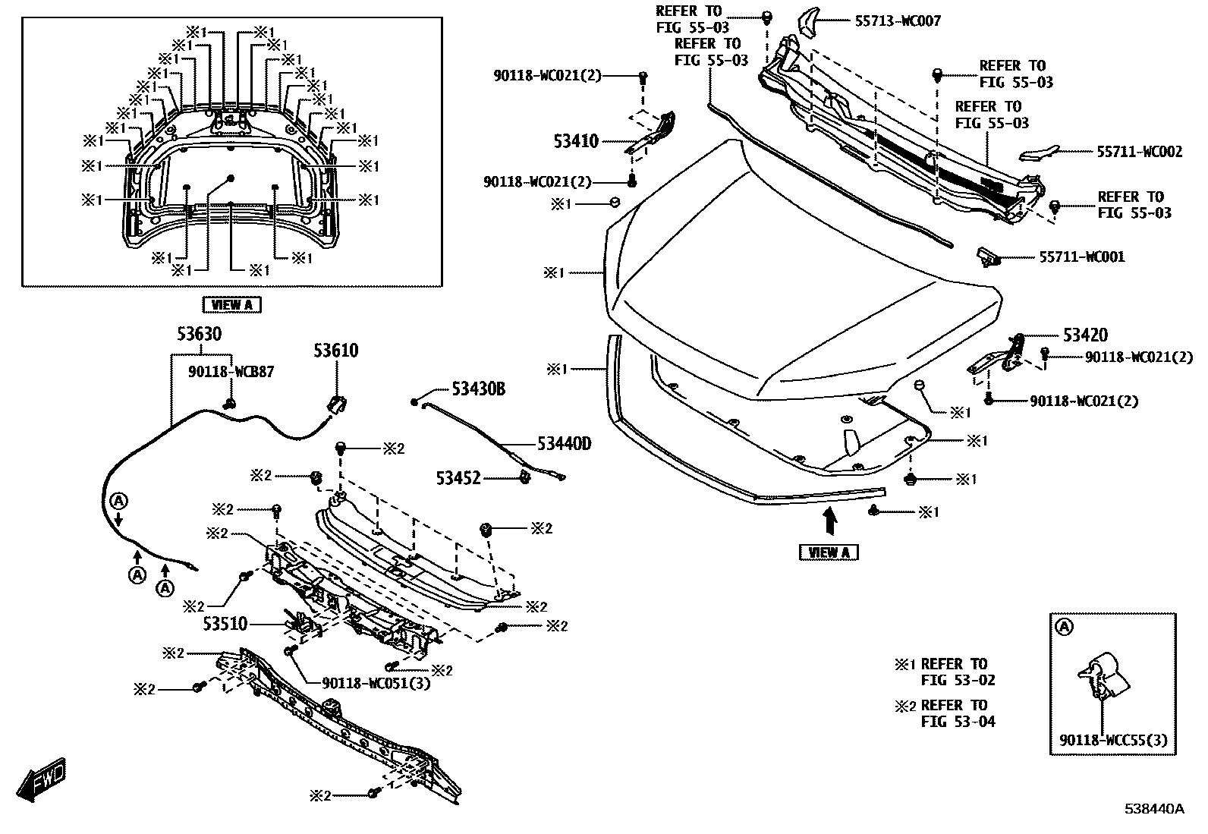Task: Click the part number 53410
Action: point(575,142)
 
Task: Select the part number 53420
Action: point(1085,335)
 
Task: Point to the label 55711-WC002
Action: point(1139,152)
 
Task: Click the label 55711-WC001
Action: point(1082,256)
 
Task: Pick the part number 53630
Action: point(200,334)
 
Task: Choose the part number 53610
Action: point(337,351)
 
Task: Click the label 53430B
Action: point(478,389)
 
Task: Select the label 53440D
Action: point(564,442)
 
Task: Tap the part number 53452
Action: point(458,478)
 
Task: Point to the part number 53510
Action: point(225,624)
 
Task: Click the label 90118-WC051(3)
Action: point(376,682)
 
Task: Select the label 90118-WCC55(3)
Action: point(1114,740)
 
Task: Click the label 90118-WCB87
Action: point(231,372)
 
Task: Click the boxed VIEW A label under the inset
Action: point(232,305)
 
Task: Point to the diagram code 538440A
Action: point(1154,808)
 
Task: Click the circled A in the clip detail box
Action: point(1065,627)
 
